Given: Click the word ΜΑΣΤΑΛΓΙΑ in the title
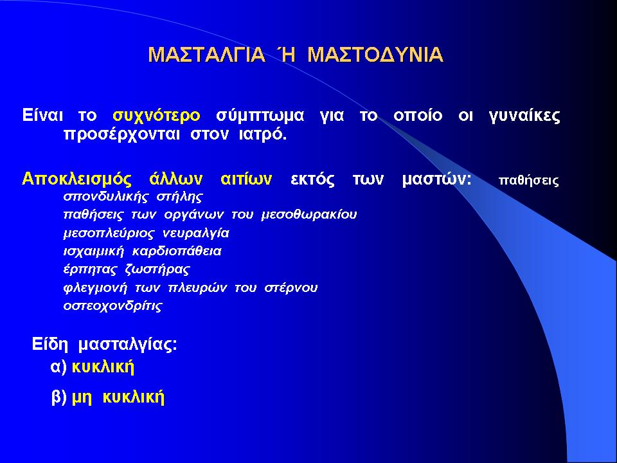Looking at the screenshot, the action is (x=206, y=54).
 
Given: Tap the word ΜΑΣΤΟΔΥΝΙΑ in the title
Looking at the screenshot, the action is (x=375, y=54).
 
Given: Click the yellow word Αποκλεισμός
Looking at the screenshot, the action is (x=76, y=179).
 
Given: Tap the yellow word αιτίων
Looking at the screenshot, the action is (x=246, y=179).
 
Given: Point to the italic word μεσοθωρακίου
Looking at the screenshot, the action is (x=309, y=215).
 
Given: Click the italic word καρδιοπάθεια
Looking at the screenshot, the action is (x=177, y=251).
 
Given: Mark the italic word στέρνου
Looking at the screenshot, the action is (x=291, y=288).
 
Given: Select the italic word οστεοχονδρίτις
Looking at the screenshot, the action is (x=113, y=306).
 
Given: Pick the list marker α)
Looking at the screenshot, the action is (x=58, y=367).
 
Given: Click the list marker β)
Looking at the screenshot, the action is (x=59, y=397).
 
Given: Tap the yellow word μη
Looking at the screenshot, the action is (x=82, y=399).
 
